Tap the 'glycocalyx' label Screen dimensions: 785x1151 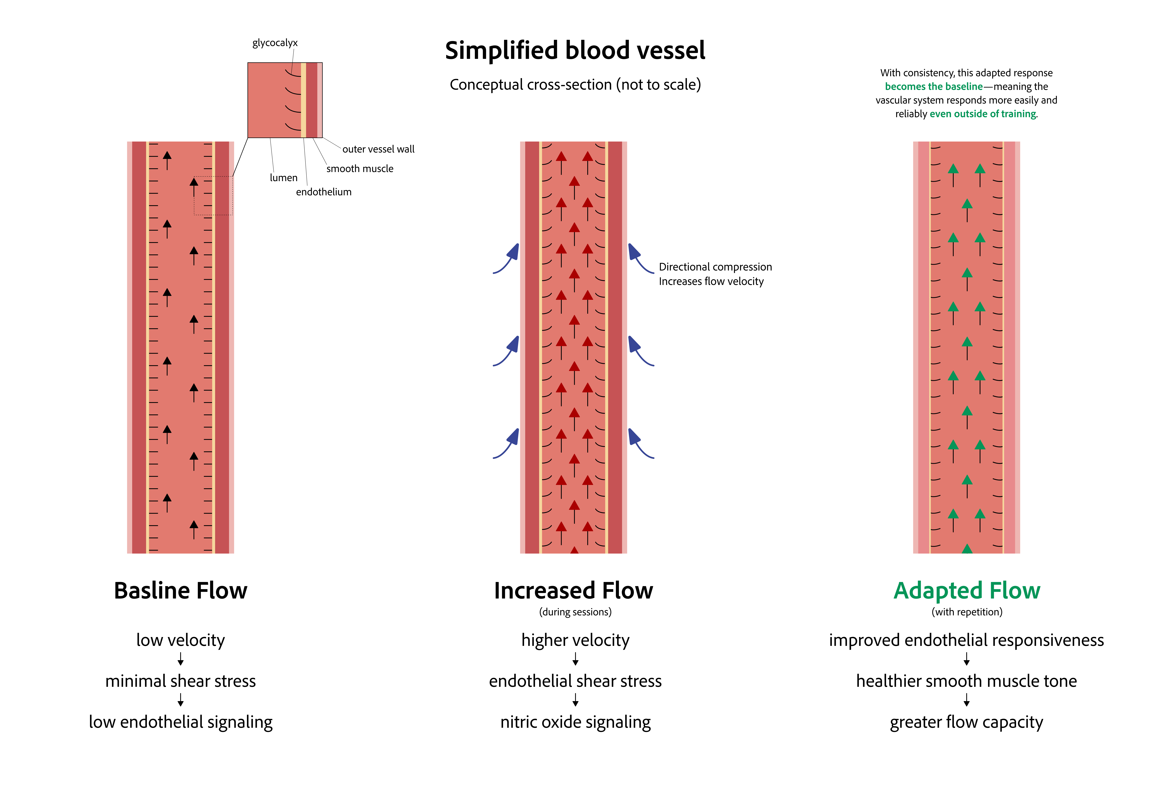(x=275, y=43)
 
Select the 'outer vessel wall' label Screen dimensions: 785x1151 (x=378, y=149)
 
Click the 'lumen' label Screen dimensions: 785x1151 (x=283, y=178)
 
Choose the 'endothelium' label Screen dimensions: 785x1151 (x=323, y=192)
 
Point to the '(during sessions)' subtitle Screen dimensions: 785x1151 (x=575, y=612)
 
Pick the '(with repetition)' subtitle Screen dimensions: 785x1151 (x=967, y=612)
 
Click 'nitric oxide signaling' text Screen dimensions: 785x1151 (x=575, y=722)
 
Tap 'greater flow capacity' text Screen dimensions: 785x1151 (x=966, y=722)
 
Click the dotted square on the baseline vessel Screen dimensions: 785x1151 (x=213, y=196)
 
